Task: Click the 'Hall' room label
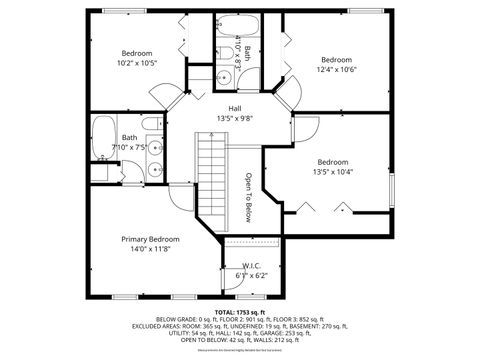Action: tap(235, 108)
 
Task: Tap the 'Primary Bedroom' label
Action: tap(150, 240)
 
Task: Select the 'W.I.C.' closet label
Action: tap(251, 266)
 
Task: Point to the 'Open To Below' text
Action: tap(249, 197)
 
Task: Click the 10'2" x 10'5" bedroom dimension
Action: tap(137, 63)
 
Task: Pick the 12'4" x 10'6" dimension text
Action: tap(337, 69)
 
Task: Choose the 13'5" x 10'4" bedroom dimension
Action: tap(333, 171)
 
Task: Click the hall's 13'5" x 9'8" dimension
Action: tap(235, 118)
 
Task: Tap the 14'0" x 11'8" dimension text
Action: tap(150, 251)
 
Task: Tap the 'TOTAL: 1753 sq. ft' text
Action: tap(240, 311)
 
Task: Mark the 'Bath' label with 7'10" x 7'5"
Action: tap(130, 138)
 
